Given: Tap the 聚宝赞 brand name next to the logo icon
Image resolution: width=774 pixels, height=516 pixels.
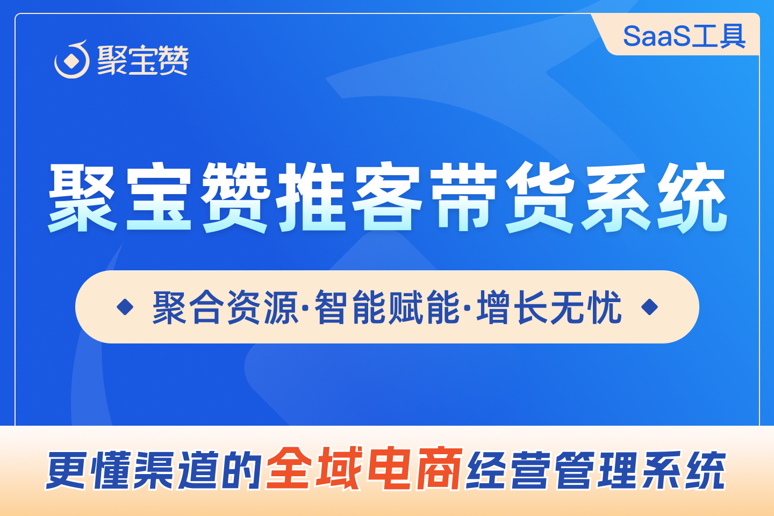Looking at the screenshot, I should coord(143,60).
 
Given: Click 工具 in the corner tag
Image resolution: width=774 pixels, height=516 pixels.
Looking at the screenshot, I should coord(718,37).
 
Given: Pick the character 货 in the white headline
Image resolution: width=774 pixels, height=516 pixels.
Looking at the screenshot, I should coord(540,197).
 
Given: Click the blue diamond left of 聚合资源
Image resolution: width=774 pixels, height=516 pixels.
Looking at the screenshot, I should coord(125,307).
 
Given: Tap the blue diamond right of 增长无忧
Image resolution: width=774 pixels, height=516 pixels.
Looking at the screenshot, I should coord(650,307).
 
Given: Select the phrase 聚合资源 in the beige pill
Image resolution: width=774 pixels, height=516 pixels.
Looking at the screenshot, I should coord(225,307).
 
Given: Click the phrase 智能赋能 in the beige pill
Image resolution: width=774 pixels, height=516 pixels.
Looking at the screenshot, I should coord(387,307).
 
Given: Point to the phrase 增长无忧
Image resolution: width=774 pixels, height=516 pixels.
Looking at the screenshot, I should coord(549,307).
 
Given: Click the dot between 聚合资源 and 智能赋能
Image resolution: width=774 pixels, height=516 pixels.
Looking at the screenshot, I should coord(306,308).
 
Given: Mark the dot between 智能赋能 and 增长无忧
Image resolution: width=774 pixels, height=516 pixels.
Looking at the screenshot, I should coord(468,308).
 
